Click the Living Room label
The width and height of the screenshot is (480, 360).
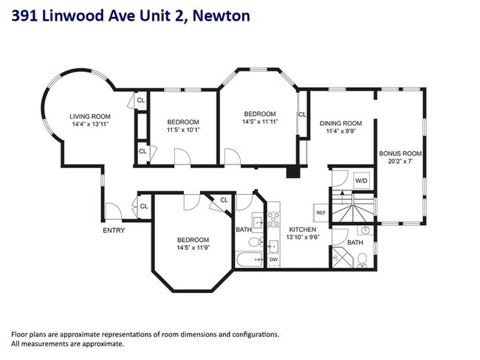89,117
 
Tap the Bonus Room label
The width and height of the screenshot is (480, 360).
400,153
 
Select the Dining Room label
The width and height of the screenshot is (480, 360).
340,123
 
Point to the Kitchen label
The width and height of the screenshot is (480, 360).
302,229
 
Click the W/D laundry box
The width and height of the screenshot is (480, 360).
361,180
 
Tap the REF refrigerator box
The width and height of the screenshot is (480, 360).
320,212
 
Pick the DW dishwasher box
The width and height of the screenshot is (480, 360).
272,260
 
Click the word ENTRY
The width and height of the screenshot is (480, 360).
114,230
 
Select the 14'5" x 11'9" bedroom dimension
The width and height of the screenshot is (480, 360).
193,248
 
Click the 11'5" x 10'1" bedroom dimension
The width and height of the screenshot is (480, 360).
182,130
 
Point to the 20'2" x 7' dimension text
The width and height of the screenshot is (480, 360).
400,162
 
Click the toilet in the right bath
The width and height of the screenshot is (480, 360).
363,259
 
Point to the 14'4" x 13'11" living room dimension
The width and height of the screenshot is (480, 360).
89,125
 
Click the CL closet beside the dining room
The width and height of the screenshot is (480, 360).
302,114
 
